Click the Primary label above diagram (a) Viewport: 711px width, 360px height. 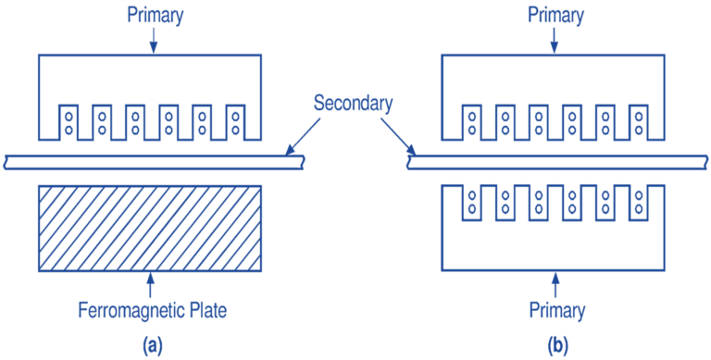click(153, 16)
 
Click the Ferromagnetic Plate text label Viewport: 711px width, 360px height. click(153, 310)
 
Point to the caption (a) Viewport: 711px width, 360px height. click(153, 344)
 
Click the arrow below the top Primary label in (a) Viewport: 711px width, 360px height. click(153, 41)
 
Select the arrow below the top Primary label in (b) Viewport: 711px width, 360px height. click(553, 41)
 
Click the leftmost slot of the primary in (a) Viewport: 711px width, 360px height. click(69, 122)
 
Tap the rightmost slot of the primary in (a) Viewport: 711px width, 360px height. click(237, 122)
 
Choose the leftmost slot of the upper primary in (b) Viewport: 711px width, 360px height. click(471, 122)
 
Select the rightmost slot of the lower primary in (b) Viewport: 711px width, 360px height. click(640, 203)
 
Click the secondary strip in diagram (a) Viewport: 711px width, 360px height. click(153, 163)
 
